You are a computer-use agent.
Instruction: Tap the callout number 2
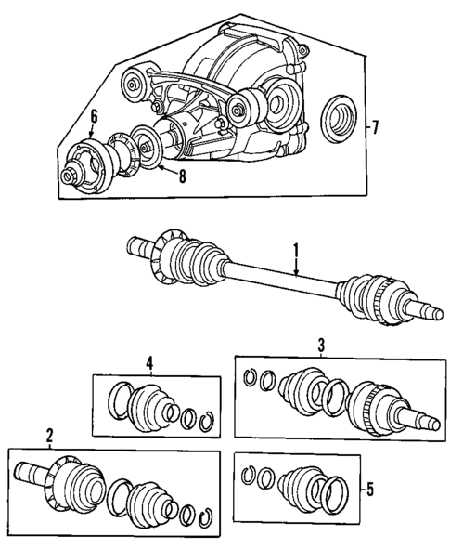[49, 435]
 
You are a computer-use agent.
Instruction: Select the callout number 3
[320, 345]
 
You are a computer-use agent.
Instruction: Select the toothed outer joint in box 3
[373, 409]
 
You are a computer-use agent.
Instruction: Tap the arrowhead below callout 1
[295, 275]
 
